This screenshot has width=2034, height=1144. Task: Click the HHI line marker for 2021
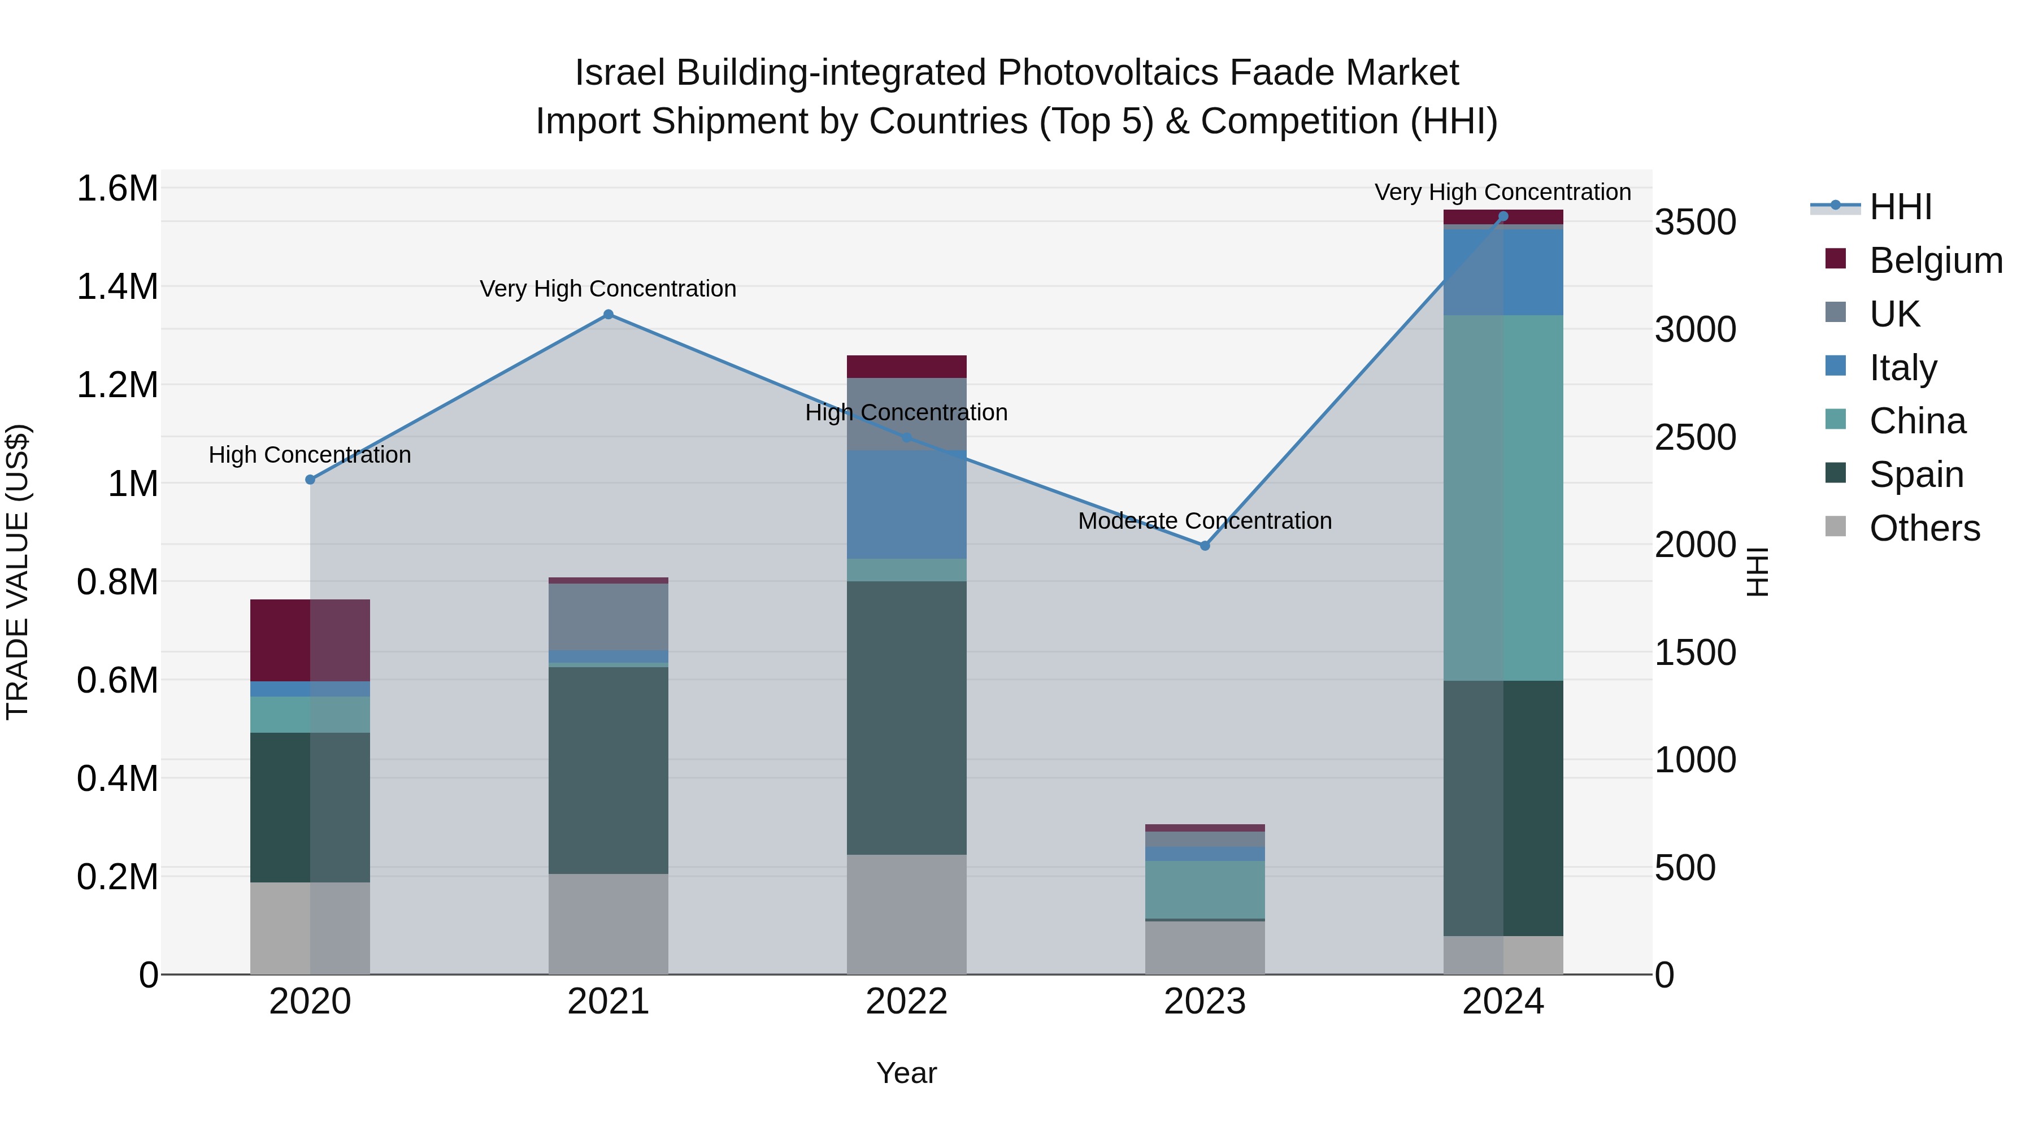click(x=608, y=314)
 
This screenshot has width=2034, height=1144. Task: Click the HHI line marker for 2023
click(x=1205, y=546)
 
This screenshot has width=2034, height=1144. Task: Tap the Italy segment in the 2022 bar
click(x=906, y=505)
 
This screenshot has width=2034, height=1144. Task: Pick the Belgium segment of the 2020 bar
click(x=310, y=640)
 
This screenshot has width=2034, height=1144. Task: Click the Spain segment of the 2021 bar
click(x=608, y=770)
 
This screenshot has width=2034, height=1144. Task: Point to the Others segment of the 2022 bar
click(x=906, y=914)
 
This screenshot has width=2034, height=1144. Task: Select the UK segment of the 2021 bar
click(x=608, y=616)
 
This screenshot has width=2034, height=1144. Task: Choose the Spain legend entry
click(x=1915, y=475)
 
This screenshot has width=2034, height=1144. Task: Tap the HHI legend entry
click(x=1900, y=207)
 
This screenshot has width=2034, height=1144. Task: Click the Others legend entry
click(x=1923, y=528)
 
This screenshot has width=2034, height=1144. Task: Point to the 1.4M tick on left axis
click(x=117, y=286)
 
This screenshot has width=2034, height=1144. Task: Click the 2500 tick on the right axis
click(x=1695, y=437)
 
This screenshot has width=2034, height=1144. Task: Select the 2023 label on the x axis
click(x=1205, y=1002)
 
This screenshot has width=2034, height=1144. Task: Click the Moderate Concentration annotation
click(x=1205, y=521)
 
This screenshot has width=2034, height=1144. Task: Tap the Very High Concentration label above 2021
click(x=608, y=289)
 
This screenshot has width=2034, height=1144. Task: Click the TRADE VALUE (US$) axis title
click(x=18, y=572)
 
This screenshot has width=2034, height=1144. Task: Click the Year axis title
click(x=906, y=1073)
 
